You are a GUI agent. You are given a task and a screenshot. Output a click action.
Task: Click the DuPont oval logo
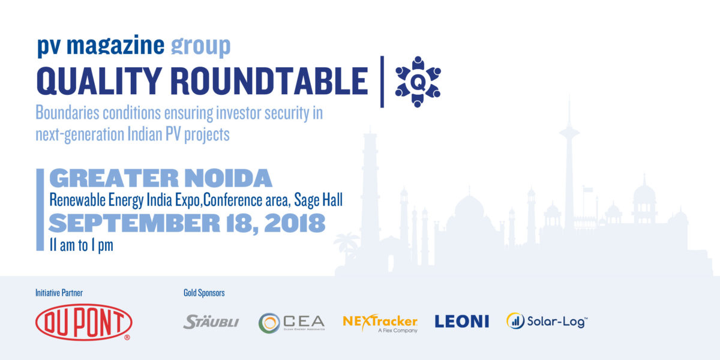(83, 322)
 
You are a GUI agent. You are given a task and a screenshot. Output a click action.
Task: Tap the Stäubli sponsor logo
(211, 322)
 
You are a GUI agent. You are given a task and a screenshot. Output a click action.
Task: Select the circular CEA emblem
(269, 323)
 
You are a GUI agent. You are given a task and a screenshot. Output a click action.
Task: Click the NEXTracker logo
(380, 323)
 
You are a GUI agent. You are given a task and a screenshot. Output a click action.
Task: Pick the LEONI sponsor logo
(462, 322)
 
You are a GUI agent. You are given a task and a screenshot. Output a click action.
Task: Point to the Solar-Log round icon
(515, 321)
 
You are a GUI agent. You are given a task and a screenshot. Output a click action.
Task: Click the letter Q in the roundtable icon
(418, 83)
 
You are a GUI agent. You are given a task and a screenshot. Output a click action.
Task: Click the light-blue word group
(200, 46)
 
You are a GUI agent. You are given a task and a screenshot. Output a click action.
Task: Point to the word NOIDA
(228, 178)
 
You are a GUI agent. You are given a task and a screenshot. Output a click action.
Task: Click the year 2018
(295, 223)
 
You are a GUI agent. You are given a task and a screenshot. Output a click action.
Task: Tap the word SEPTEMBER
(134, 223)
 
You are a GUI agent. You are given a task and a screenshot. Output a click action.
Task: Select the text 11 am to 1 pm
(82, 245)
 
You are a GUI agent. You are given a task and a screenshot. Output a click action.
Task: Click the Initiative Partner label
(59, 293)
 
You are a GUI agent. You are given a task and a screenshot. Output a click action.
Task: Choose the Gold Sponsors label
(204, 293)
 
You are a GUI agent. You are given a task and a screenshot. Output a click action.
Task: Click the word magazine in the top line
(115, 45)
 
